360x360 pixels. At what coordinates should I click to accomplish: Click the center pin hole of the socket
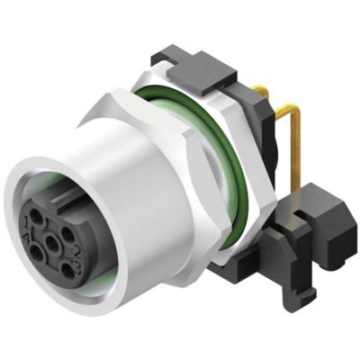tap(52, 243)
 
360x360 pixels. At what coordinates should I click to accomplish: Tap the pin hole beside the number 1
tap(35, 216)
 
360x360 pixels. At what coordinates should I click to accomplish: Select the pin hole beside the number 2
tap(67, 235)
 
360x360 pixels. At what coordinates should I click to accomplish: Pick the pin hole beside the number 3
tap(67, 270)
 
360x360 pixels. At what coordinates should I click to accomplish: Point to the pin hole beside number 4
tap(36, 253)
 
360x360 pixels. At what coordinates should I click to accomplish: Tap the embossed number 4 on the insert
tap(26, 237)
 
